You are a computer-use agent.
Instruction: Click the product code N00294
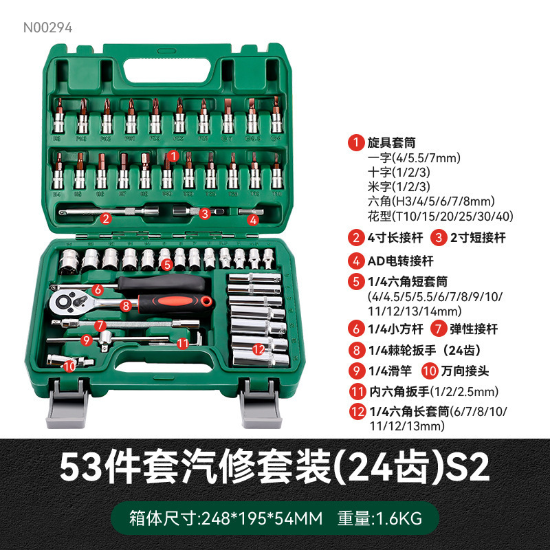(47, 28)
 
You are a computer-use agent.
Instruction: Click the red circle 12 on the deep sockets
(258, 349)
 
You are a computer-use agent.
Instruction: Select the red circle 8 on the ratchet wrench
(125, 305)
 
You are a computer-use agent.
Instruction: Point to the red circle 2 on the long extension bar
(106, 219)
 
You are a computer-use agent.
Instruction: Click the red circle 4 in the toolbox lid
(253, 220)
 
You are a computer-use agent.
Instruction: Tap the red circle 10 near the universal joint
(69, 366)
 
